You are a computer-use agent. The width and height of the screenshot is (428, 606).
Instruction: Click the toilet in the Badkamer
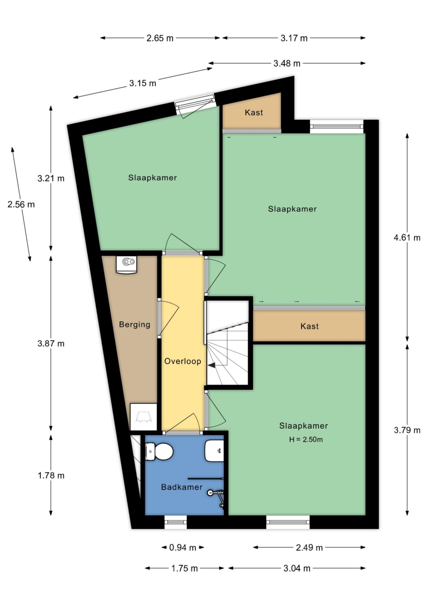pos(159,451)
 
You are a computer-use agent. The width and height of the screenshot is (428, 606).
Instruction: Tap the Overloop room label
pos(183,361)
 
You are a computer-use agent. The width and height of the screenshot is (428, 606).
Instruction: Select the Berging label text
pos(135,324)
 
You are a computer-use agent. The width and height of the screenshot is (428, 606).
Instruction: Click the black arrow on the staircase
pos(212,365)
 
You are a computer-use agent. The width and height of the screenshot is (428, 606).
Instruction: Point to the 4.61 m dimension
pos(407,237)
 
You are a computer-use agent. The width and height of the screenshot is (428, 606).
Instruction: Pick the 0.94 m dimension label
pos(182,548)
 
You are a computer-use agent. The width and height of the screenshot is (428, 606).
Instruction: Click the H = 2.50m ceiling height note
pos(306,439)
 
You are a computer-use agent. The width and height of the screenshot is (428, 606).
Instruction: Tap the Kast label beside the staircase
pos(309,326)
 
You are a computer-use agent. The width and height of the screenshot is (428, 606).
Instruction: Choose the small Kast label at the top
pos(254,112)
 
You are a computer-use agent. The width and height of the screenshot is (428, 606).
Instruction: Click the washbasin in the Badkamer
pos(214,451)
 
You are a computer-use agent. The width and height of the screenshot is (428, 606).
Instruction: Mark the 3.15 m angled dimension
pos(143,83)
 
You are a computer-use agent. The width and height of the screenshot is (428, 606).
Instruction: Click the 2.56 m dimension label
pos(21,204)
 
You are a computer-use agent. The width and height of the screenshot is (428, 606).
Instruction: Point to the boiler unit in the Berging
pos(126,265)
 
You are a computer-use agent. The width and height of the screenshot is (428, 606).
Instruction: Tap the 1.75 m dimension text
pos(185,569)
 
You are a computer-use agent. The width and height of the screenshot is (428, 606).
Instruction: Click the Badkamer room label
pos(182,487)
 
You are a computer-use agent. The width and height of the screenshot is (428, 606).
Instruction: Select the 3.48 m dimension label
pos(286,63)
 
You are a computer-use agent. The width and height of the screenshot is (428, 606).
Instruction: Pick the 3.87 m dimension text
pos(51,344)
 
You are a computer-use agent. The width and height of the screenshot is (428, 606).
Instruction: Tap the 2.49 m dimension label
pos(309,548)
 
